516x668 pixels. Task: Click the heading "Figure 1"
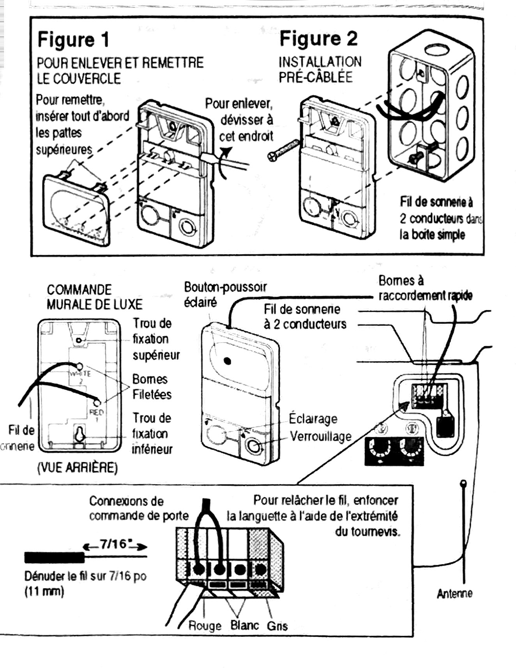pyautogui.click(x=73, y=40)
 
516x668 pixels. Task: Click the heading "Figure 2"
pyautogui.click(x=318, y=39)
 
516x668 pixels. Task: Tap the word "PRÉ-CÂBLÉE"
pyautogui.click(x=315, y=77)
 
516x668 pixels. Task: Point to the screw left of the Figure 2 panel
pyautogui.click(x=283, y=150)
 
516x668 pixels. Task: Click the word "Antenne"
pyautogui.click(x=454, y=594)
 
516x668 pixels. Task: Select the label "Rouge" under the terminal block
pyautogui.click(x=205, y=626)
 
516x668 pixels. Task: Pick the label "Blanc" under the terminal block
pyautogui.click(x=244, y=625)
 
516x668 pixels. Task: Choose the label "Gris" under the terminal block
pyautogui.click(x=277, y=626)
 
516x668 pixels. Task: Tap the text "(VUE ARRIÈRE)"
pyautogui.click(x=77, y=468)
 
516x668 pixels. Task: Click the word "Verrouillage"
pyautogui.click(x=320, y=436)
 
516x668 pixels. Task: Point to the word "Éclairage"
pyautogui.click(x=313, y=419)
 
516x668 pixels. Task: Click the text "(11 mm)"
pyautogui.click(x=44, y=592)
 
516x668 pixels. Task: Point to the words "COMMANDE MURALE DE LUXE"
pyautogui.click(x=94, y=297)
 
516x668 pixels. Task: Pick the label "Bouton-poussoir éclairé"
pyautogui.click(x=225, y=294)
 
